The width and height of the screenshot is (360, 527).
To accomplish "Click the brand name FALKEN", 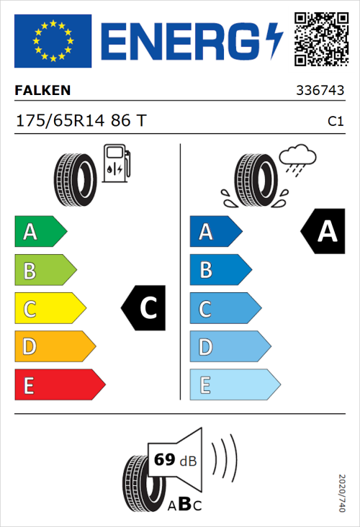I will [42, 91].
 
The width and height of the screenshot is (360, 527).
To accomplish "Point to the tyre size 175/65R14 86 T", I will [81, 121].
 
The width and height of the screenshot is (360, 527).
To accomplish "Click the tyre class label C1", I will [335, 122].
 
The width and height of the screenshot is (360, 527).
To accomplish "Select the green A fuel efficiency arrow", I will [40, 232].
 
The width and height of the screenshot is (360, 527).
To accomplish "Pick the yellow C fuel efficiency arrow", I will [49, 309].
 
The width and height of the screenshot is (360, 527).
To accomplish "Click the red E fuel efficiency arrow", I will [59, 385].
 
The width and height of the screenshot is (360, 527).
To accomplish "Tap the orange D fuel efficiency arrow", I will [54, 347].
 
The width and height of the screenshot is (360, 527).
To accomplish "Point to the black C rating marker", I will [146, 309].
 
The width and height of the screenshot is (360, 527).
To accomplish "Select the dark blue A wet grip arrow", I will [215, 232].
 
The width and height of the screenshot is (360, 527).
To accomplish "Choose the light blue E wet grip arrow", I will [234, 385].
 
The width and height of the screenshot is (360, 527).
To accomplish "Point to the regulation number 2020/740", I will [342, 492].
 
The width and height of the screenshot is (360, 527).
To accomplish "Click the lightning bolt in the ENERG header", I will [275, 40].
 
